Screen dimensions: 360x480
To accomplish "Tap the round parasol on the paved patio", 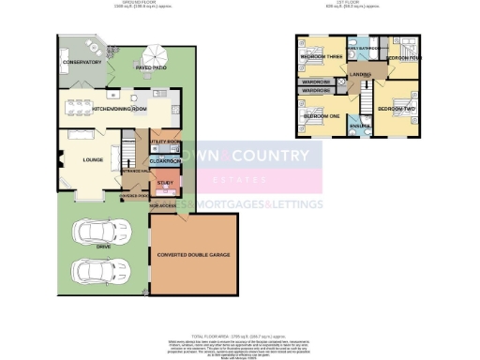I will [152, 54].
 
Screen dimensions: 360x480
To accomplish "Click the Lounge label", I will [92, 159].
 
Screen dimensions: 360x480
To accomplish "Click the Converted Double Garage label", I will [194, 254].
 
